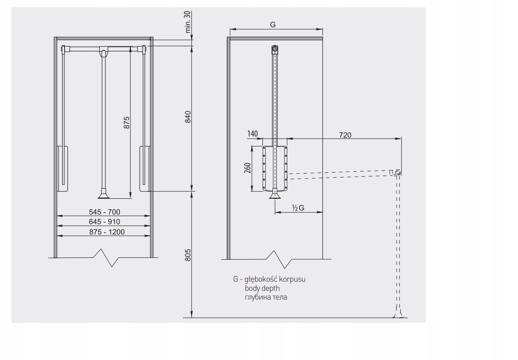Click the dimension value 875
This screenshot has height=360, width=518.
tap(127, 122)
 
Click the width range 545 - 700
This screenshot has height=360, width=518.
tap(104, 212)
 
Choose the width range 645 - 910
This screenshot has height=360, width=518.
tap(104, 222)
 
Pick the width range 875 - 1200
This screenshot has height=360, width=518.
tap(104, 232)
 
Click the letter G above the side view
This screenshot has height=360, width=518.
tap(273, 25)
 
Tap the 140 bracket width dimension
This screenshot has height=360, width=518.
tap(252, 134)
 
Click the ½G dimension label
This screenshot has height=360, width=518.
tap(298, 208)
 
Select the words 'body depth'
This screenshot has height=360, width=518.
tap(262, 288)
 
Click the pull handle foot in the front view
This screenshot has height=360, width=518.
tap(103, 195)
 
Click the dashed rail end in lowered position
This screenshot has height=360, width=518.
tap(398, 172)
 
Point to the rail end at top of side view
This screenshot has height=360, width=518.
tap(274, 49)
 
